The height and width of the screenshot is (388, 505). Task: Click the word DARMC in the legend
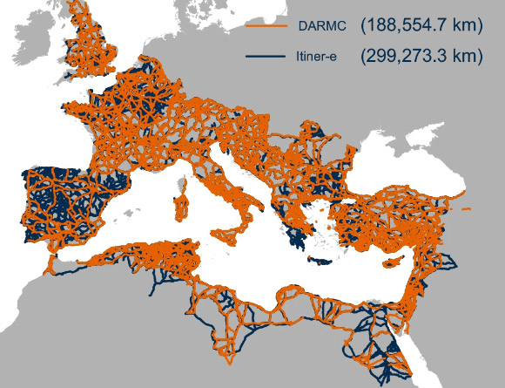point(322,28)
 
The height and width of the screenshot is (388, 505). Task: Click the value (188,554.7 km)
point(421,27)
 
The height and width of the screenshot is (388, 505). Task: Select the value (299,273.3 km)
point(421,57)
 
